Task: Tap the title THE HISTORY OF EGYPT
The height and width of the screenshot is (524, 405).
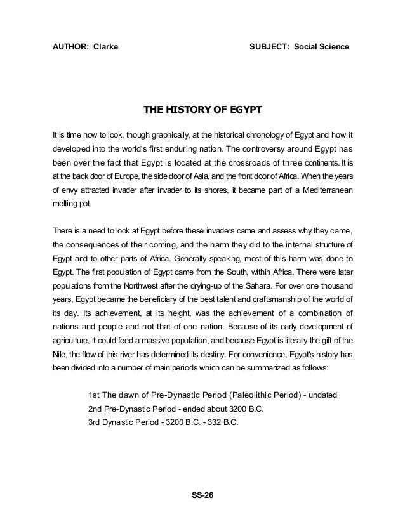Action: (x=202, y=111)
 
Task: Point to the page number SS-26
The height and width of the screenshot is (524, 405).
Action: (x=203, y=495)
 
